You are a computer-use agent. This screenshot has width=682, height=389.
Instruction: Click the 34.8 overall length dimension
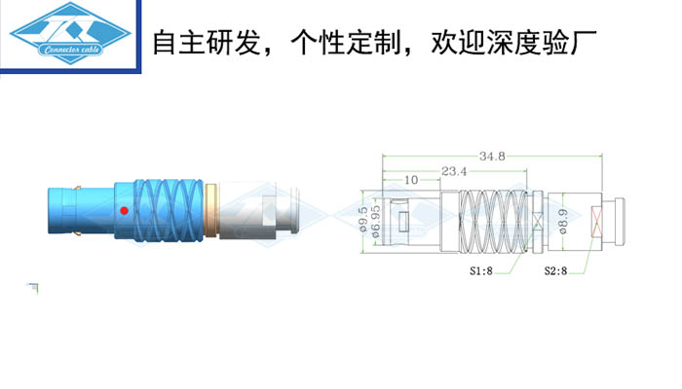pos(492,156)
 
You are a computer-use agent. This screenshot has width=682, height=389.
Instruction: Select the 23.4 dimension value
pos(455,171)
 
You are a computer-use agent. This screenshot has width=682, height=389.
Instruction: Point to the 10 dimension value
pos(409,180)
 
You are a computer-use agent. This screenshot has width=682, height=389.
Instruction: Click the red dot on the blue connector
pos(124,211)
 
